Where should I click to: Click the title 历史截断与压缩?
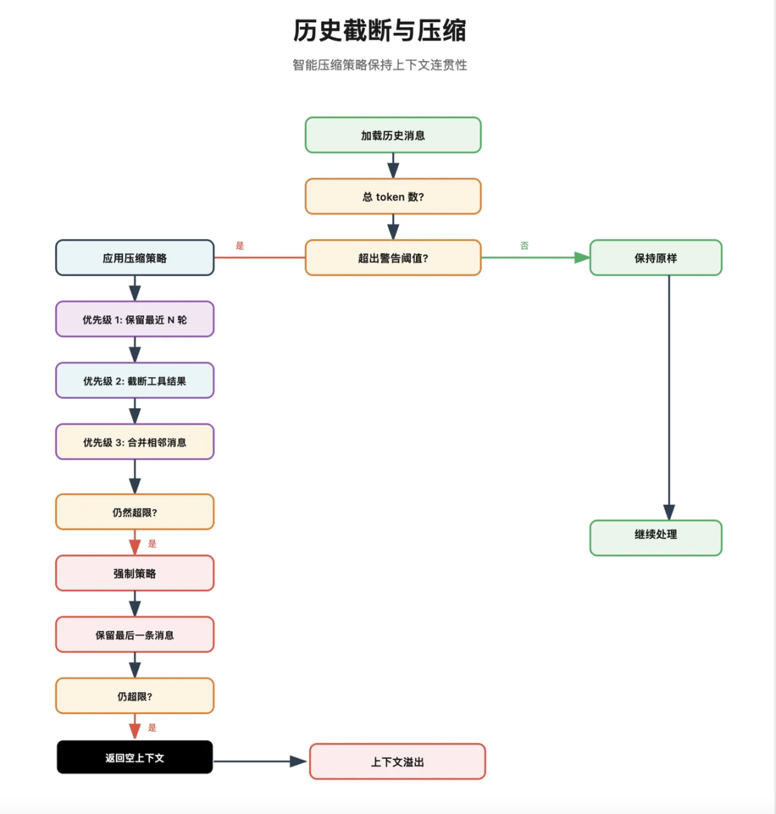click(379, 31)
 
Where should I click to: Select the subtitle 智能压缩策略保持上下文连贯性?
click(379, 65)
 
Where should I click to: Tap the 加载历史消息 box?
click(393, 135)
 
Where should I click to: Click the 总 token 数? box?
click(393, 197)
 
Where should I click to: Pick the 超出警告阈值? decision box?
click(393, 258)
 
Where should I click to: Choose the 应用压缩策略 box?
click(135, 258)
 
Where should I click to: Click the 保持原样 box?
click(655, 258)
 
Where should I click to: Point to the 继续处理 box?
click(655, 538)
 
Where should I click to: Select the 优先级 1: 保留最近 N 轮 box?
click(135, 319)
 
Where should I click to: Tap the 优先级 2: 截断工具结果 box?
click(135, 381)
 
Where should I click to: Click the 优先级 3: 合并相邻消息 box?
click(135, 442)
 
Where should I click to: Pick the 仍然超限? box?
click(135, 512)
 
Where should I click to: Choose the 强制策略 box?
click(135, 573)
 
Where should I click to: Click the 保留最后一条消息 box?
click(135, 634)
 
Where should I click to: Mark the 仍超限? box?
click(135, 696)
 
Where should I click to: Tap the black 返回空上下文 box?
click(135, 757)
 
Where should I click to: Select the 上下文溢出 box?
click(397, 762)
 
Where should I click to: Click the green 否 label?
click(525, 246)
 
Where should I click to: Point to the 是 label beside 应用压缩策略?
click(240, 246)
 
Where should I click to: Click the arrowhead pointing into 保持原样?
click(583, 258)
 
